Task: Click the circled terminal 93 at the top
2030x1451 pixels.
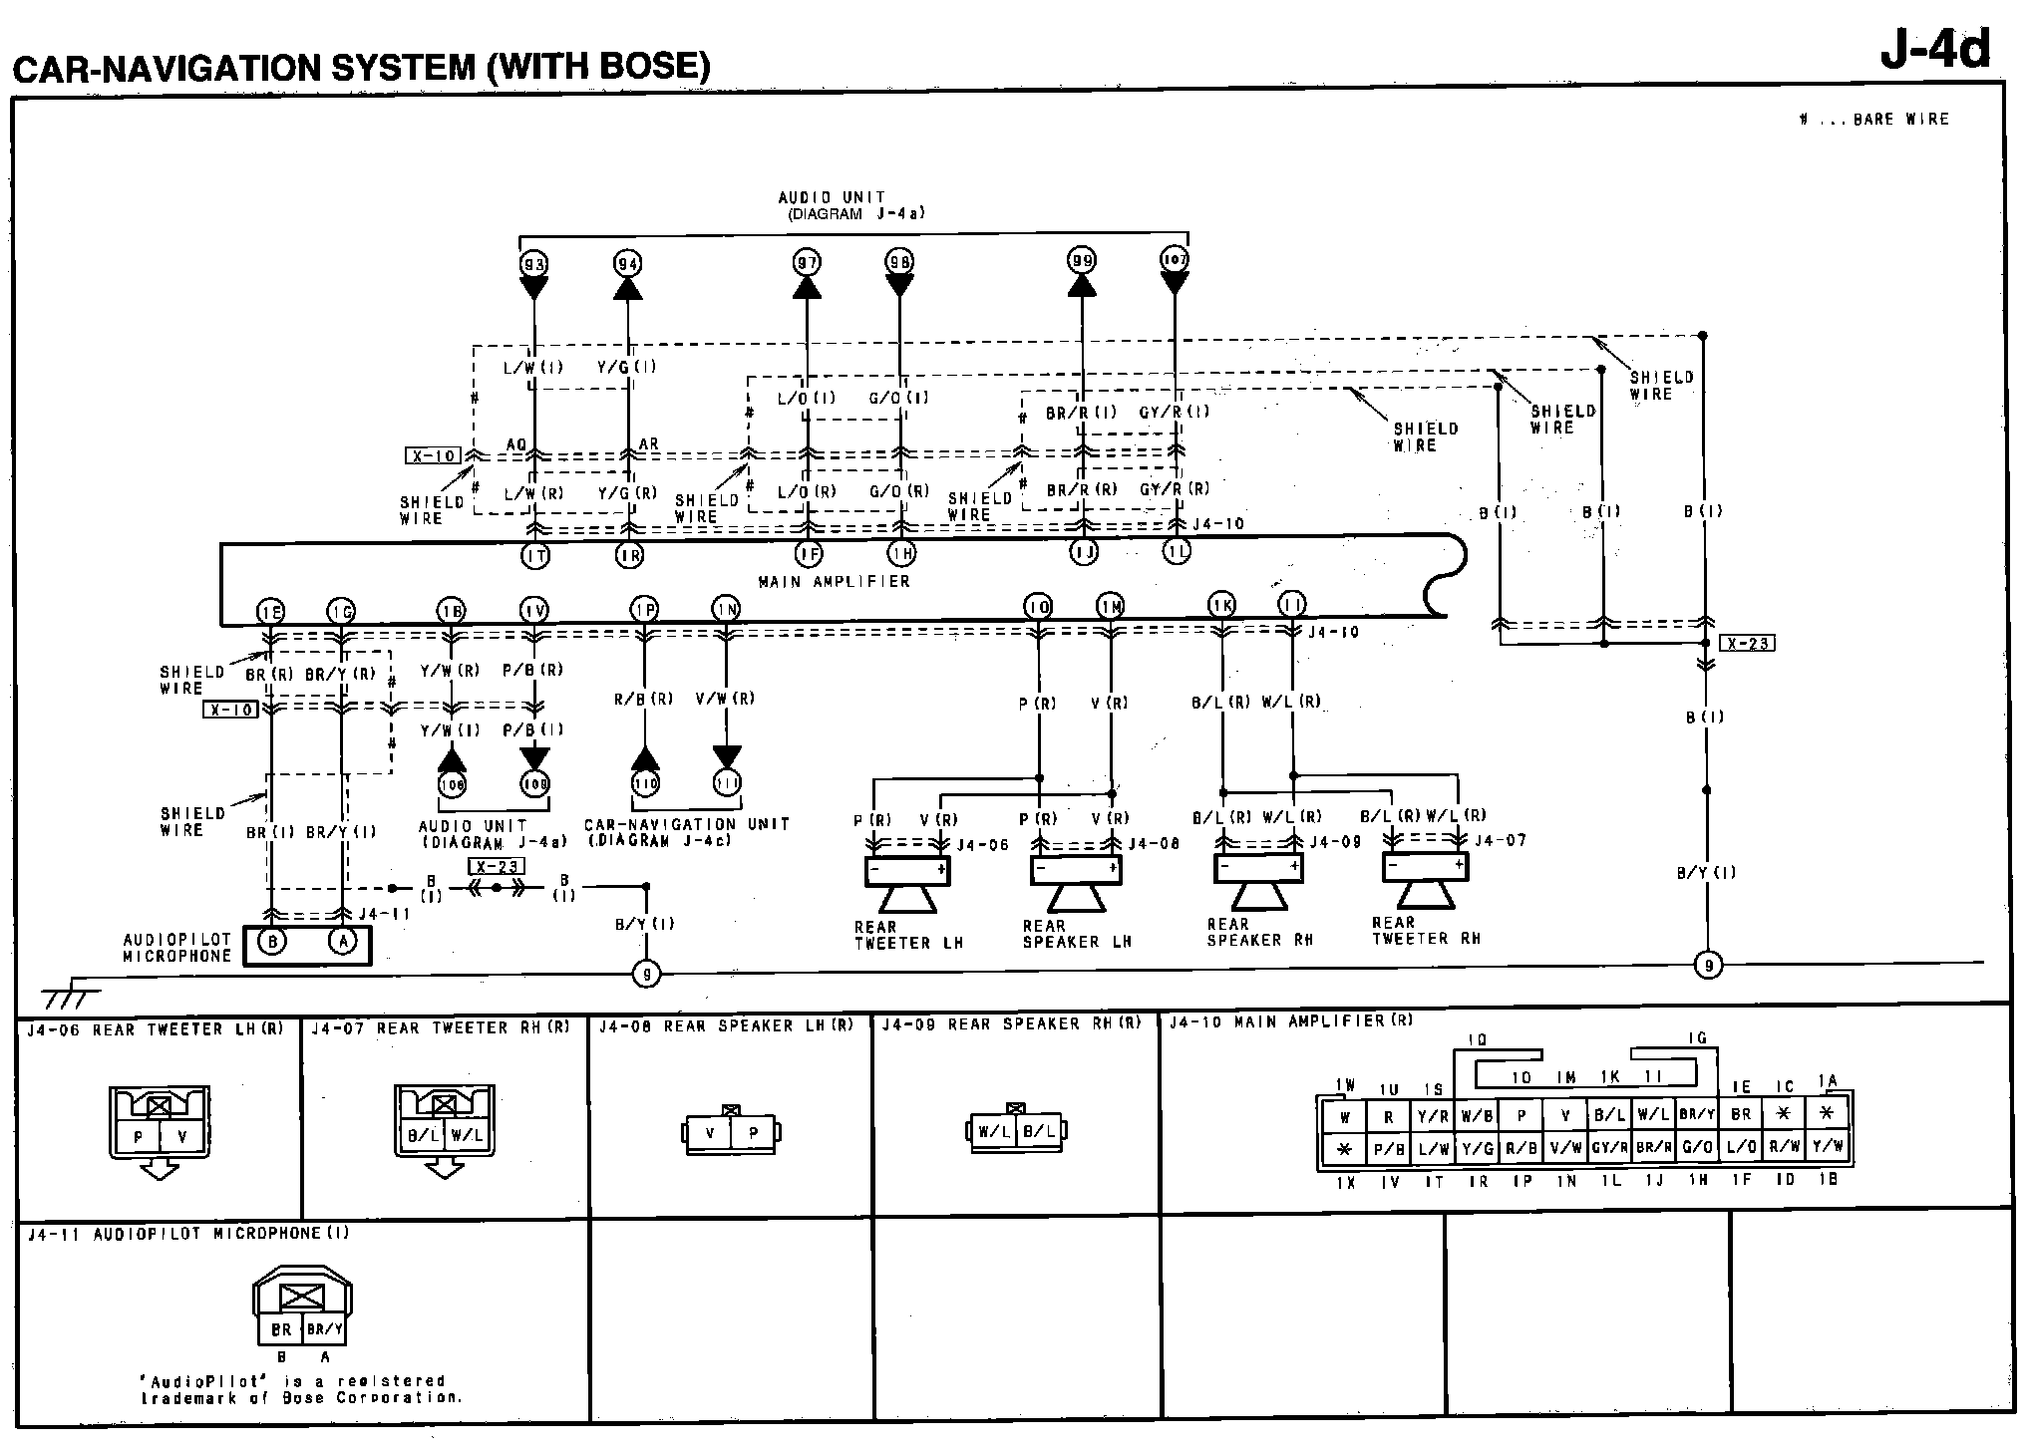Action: [x=534, y=264]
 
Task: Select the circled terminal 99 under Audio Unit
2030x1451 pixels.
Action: [x=1082, y=262]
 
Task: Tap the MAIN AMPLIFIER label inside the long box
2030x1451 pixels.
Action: [x=834, y=581]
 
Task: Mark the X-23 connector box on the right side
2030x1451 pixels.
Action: [x=1748, y=644]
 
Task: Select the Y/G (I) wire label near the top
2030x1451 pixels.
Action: [x=627, y=367]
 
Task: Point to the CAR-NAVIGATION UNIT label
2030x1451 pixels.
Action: [x=686, y=824]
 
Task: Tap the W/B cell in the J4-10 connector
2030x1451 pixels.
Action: [x=1476, y=1117]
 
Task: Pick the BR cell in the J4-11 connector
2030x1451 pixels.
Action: [x=281, y=1328]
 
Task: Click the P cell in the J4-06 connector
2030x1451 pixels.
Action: [x=139, y=1137]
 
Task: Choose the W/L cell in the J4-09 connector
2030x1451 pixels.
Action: [x=994, y=1131]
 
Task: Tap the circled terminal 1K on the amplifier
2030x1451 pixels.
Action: [x=1221, y=605]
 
